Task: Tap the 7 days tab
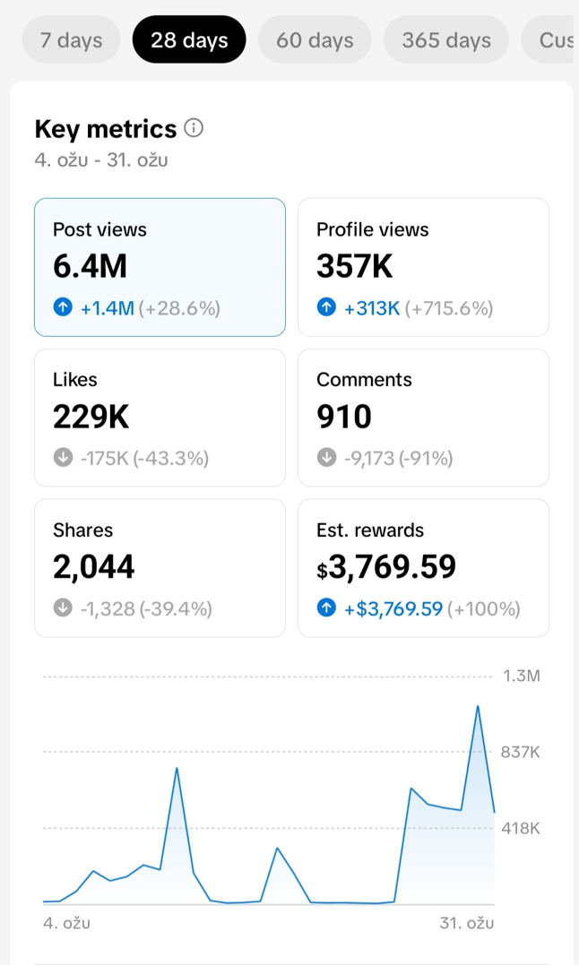(71, 40)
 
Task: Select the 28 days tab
(189, 40)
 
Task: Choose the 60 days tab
(315, 40)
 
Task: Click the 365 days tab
(446, 40)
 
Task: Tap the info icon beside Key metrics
(194, 128)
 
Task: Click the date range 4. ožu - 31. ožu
(101, 160)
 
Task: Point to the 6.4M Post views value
(90, 266)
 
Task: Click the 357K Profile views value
(355, 266)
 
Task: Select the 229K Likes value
(91, 417)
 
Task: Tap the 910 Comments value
(344, 417)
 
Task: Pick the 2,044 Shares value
(94, 567)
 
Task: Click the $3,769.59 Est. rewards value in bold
(386, 567)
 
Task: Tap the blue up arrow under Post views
(63, 308)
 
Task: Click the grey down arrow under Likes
(63, 459)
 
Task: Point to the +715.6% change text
(449, 308)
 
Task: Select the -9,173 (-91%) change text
(398, 459)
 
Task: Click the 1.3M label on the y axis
(521, 676)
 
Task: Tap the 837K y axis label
(521, 752)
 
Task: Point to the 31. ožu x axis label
(467, 923)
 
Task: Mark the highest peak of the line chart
(478, 706)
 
